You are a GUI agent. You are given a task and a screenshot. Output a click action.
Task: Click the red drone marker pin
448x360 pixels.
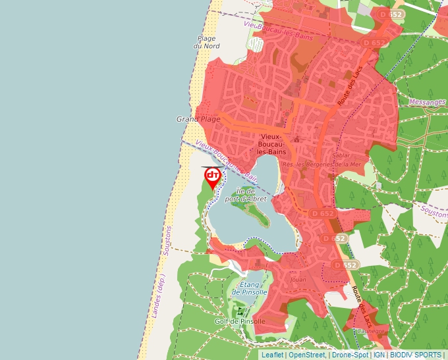click(212, 176)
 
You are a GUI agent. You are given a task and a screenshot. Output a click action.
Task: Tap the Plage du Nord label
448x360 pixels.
click(206, 42)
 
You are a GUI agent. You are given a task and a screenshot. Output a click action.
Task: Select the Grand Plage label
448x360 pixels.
click(198, 119)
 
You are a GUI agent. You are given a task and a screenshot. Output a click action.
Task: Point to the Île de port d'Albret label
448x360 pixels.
click(246, 195)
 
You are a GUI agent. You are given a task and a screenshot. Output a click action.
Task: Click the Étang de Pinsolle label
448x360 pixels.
click(249, 288)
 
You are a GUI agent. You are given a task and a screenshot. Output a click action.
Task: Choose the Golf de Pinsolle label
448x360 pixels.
click(239, 322)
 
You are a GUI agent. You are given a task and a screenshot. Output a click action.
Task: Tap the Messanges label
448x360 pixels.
click(427, 102)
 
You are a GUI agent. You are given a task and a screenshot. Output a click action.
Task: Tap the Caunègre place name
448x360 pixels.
click(372, 331)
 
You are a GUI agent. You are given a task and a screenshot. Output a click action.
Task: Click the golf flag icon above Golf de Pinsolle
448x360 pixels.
click(240, 310)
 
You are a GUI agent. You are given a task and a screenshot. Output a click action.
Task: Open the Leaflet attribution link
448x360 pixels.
click(272, 355)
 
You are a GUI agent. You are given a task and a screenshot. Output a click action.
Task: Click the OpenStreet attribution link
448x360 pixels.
click(307, 355)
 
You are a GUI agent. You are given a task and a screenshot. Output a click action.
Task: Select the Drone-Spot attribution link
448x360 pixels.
click(350, 355)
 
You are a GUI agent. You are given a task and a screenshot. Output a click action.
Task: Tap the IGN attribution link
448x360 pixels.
click(379, 355)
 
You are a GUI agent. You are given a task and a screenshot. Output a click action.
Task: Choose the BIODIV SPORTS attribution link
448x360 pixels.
click(416, 355)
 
